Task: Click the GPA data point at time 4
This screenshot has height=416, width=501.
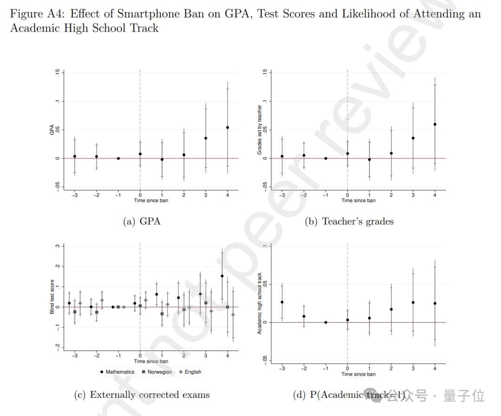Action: coord(227,127)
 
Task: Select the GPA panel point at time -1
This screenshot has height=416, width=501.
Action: coord(118,158)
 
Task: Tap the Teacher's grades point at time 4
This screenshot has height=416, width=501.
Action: coord(435,125)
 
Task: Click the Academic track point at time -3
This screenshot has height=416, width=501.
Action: coord(282,302)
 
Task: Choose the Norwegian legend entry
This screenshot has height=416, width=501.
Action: coord(156,372)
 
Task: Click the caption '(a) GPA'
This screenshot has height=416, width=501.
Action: coord(141,221)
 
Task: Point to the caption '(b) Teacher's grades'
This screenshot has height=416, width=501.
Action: coord(349,221)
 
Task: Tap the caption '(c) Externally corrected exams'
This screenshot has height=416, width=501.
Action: coord(141,395)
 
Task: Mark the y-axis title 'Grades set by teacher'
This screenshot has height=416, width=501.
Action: coord(260,130)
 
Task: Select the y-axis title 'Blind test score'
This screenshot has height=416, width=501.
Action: coord(52,297)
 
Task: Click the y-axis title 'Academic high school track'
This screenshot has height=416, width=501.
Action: coord(260,303)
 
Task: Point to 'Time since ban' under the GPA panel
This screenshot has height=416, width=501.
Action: coord(151,201)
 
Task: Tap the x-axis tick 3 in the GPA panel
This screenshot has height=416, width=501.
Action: coord(206,195)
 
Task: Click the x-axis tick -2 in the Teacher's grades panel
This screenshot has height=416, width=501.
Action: coord(304,195)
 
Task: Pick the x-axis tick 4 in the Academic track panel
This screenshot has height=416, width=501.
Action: coord(435,369)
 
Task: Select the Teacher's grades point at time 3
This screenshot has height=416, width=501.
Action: coord(413,138)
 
